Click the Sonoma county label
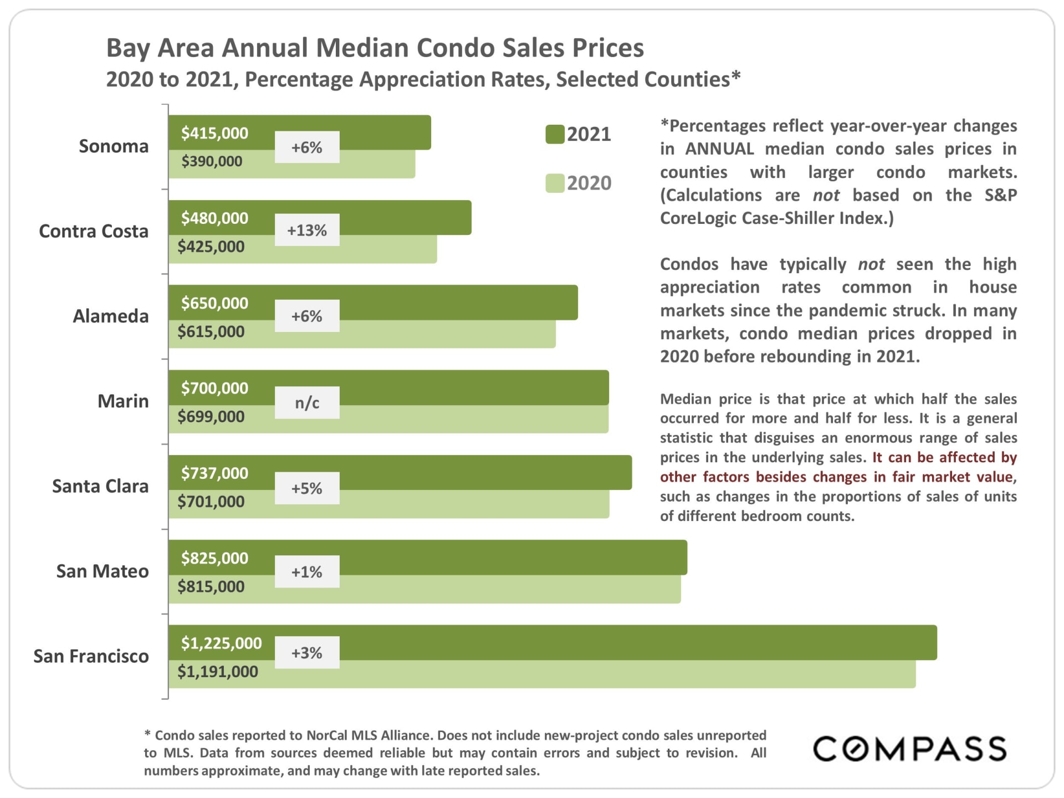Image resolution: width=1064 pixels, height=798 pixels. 114,146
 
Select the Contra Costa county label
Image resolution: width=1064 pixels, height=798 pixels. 94,231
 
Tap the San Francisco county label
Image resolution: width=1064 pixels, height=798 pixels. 91,656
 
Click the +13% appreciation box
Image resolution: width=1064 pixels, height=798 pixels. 307,230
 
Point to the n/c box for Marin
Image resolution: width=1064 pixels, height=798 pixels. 307,402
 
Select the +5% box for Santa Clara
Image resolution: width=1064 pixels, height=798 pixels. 307,488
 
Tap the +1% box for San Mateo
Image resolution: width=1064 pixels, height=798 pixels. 307,571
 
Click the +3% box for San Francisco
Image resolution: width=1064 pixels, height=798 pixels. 307,653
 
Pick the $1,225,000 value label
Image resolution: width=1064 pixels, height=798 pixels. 221,643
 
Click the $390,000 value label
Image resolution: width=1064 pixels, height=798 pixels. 212,161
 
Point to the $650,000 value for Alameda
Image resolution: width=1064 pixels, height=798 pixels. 214,303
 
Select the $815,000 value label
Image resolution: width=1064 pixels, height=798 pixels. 211,586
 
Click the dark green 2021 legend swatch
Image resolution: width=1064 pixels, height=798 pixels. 555,134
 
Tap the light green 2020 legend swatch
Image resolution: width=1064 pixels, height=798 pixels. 555,183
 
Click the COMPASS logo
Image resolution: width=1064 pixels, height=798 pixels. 909,749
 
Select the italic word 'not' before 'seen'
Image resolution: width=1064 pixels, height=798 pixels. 871,264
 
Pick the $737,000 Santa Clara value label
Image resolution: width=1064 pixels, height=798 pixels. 214,473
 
